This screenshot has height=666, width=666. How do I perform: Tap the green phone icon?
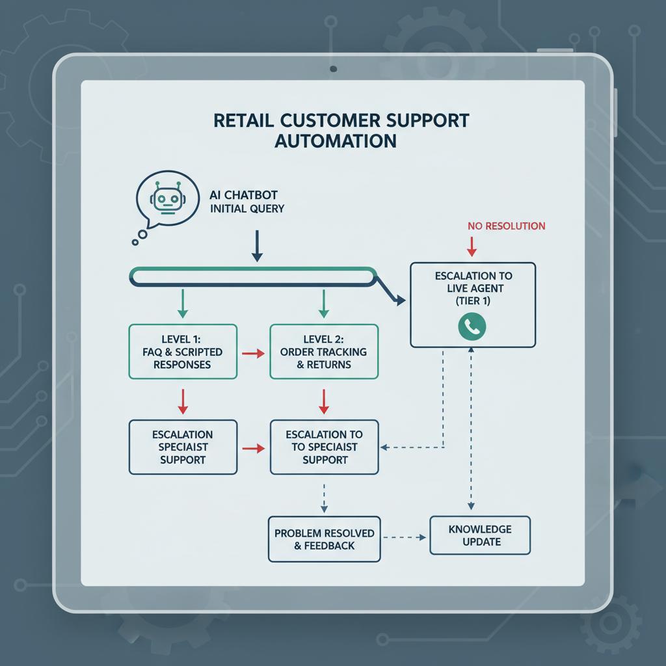472,326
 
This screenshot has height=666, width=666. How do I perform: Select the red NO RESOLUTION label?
506,226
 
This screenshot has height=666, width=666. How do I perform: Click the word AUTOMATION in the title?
335,140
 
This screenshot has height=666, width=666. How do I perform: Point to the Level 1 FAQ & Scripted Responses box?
182,352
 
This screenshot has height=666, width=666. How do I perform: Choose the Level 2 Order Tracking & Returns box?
323,352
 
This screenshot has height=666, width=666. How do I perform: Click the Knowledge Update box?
480,535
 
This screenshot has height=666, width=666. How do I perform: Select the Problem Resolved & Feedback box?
324,539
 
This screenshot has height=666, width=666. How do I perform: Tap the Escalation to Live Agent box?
472,305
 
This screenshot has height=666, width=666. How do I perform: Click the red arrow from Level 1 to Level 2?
252,353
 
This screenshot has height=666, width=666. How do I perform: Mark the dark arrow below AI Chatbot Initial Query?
257,248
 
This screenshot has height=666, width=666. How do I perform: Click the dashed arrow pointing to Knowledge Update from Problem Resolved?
405,537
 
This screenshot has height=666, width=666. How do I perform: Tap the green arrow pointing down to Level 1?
183,303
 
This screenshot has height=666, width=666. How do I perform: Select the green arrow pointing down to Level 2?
323,303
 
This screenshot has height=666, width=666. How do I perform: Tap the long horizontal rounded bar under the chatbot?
254,276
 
